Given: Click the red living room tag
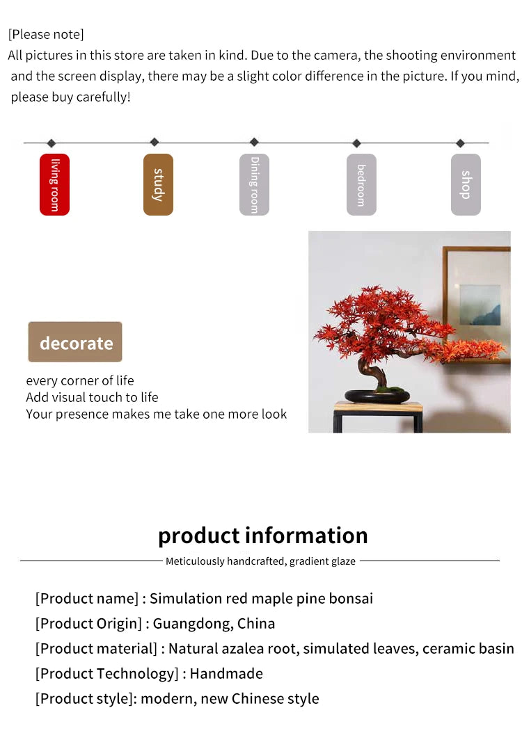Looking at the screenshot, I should click(54, 184).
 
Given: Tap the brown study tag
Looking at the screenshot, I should click(158, 184).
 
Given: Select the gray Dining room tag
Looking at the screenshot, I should click(254, 184).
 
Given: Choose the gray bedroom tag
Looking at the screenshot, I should click(361, 184).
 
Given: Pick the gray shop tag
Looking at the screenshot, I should click(466, 184).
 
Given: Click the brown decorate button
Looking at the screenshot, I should click(75, 342).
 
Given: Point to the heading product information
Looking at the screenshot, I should click(262, 535).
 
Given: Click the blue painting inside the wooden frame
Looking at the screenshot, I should click(480, 305).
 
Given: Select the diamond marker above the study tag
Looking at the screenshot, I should click(155, 142).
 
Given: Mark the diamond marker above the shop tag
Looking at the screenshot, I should click(460, 143).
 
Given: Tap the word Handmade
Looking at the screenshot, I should click(226, 673).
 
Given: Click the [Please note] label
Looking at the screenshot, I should click(46, 34).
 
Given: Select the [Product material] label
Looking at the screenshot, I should click(96, 648).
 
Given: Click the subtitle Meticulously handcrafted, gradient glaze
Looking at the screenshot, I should click(260, 561).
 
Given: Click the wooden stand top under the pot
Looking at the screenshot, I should click(378, 406).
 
